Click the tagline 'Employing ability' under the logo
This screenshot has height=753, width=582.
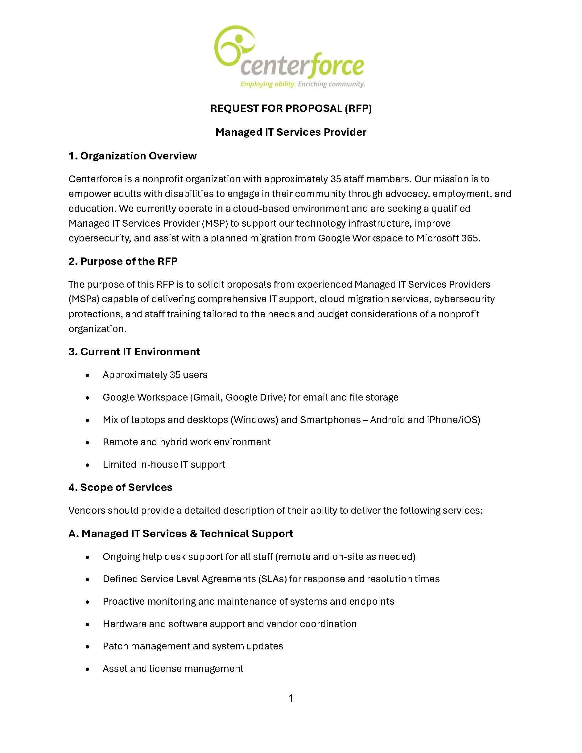[267, 84]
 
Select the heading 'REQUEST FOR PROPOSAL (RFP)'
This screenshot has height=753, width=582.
[291, 109]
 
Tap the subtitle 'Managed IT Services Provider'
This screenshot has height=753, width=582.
[291, 132]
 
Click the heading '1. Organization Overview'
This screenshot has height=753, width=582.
[132, 156]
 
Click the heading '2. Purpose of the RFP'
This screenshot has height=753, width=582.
[123, 261]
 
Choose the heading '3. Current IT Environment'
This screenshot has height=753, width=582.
[134, 352]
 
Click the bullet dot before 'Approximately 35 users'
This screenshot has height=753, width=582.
[88, 375]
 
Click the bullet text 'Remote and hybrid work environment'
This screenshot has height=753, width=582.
[187, 442]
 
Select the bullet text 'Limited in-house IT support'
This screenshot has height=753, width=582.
[164, 464]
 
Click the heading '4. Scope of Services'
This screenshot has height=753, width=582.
[120, 488]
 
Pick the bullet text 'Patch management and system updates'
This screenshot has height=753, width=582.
[193, 646]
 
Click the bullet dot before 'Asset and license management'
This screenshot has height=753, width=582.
[88, 669]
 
